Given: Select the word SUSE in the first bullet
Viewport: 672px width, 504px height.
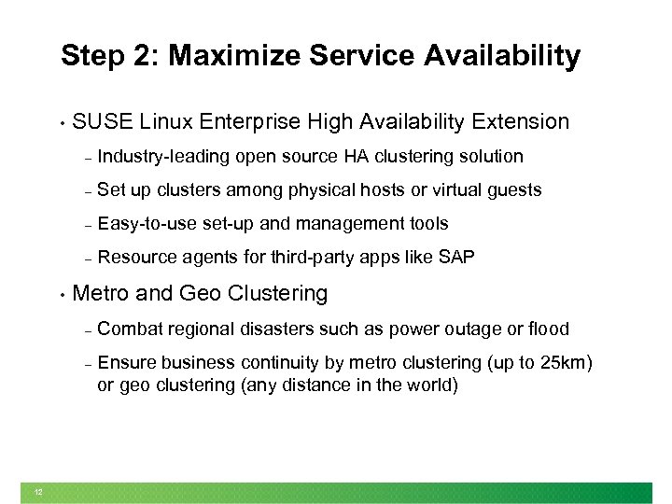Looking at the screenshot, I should click(x=102, y=121).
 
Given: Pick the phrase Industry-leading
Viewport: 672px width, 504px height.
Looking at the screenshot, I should click(x=163, y=156).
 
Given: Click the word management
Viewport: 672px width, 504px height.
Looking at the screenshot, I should click(x=347, y=224).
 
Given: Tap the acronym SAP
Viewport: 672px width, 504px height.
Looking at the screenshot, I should click(x=456, y=258).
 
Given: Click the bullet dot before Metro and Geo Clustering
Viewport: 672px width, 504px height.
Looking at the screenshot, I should click(x=61, y=295).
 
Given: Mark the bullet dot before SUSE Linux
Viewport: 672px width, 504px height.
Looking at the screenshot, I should click(x=61, y=123).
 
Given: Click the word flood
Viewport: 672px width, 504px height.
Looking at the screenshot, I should click(x=549, y=329).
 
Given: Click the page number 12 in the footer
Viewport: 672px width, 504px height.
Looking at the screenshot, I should click(x=38, y=493).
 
